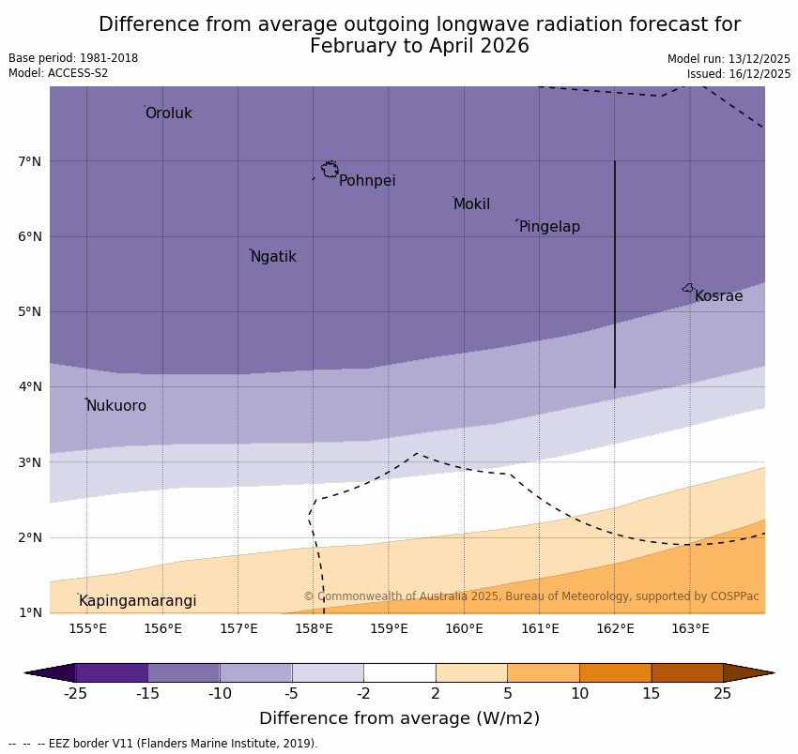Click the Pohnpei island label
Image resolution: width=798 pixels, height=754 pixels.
coord(367,181)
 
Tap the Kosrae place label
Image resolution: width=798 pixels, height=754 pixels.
coord(718,296)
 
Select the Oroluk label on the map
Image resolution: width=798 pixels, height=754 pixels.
coord(168,113)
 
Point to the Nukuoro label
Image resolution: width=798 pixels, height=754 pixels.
coord(116,406)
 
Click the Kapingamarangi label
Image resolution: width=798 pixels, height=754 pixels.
coord(137,601)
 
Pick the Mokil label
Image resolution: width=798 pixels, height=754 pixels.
coord(471,204)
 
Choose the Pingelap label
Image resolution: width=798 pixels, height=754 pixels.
coord(549,227)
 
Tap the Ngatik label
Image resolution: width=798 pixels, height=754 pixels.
coord(273,257)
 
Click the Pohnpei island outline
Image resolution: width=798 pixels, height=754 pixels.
coord(330,170)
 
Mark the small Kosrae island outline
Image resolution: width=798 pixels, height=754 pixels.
coord(688,288)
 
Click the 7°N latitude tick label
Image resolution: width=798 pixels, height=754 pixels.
coord(30,161)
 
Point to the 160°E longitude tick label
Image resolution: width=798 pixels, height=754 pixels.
coord(464,628)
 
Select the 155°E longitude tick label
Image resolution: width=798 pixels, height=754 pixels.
coord(87,628)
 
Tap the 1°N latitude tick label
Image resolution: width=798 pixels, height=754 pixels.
coord(30,613)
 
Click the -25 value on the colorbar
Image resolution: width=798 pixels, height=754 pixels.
coord(75,694)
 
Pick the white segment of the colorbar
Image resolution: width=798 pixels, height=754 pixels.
coord(399,672)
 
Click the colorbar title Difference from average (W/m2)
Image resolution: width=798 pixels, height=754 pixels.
coord(399,718)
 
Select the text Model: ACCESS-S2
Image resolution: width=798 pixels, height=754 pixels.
coord(58,73)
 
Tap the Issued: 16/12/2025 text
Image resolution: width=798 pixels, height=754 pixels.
coord(738,73)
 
